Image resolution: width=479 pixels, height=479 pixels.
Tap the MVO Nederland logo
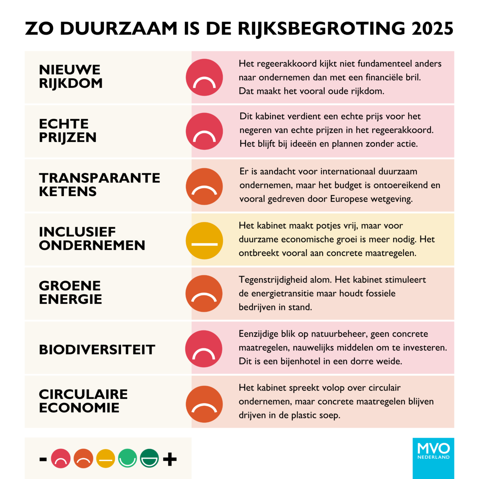click(x=433, y=458)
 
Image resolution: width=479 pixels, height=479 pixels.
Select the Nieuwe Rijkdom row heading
click(x=70, y=76)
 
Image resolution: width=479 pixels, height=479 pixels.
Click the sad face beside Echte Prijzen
click(x=204, y=131)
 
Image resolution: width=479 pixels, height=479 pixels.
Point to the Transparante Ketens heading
click(x=99, y=184)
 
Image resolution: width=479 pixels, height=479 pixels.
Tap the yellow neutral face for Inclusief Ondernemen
click(x=204, y=240)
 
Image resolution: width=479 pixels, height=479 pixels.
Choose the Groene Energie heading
click(x=70, y=292)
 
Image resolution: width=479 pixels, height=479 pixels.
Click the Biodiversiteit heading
click(x=97, y=350)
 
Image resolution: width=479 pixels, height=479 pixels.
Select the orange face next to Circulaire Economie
click(x=204, y=404)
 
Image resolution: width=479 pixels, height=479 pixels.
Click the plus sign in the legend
click(x=170, y=459)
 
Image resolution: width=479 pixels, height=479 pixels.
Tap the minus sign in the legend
click(x=43, y=459)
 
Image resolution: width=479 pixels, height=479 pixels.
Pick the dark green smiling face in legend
click(x=149, y=458)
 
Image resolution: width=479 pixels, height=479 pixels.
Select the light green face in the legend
click(x=128, y=458)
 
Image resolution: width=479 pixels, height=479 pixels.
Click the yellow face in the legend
click(x=105, y=458)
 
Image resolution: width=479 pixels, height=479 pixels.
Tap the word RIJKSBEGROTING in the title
click(x=321, y=29)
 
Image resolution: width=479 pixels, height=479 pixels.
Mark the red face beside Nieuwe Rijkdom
click(x=204, y=77)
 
